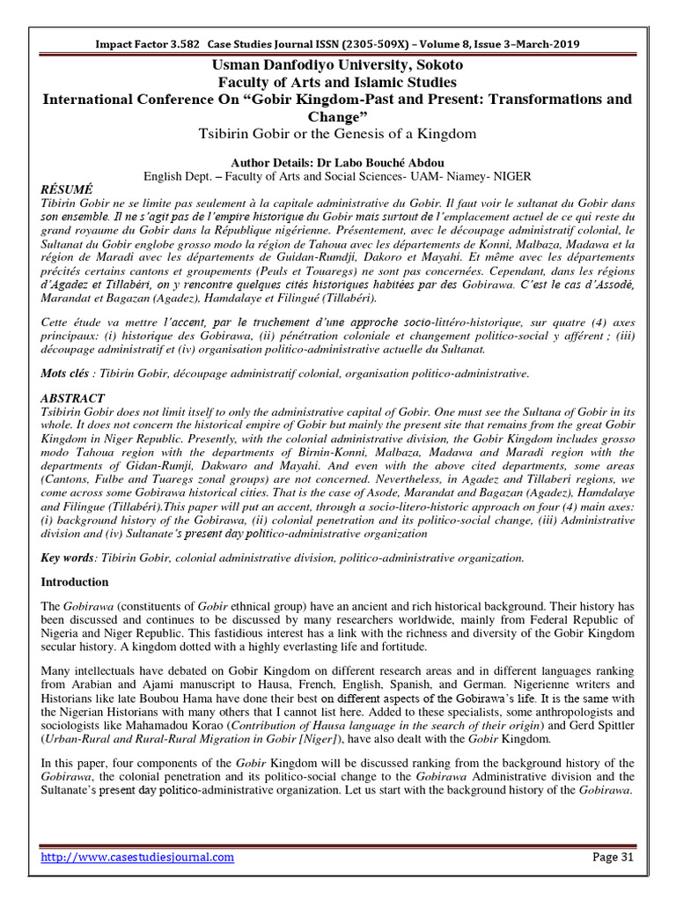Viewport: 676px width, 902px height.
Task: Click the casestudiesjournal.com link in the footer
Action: point(136,856)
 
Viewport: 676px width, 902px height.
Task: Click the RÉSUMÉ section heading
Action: point(67,189)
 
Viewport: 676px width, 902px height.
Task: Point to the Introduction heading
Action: point(76,582)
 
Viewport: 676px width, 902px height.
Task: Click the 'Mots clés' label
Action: point(66,373)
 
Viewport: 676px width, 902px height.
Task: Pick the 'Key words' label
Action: point(69,558)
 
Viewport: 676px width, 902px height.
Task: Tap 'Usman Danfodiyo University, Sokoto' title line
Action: point(337,65)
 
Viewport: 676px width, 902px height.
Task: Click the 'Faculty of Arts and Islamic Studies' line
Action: point(337,82)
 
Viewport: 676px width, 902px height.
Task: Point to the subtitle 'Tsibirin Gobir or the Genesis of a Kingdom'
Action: point(337,133)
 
